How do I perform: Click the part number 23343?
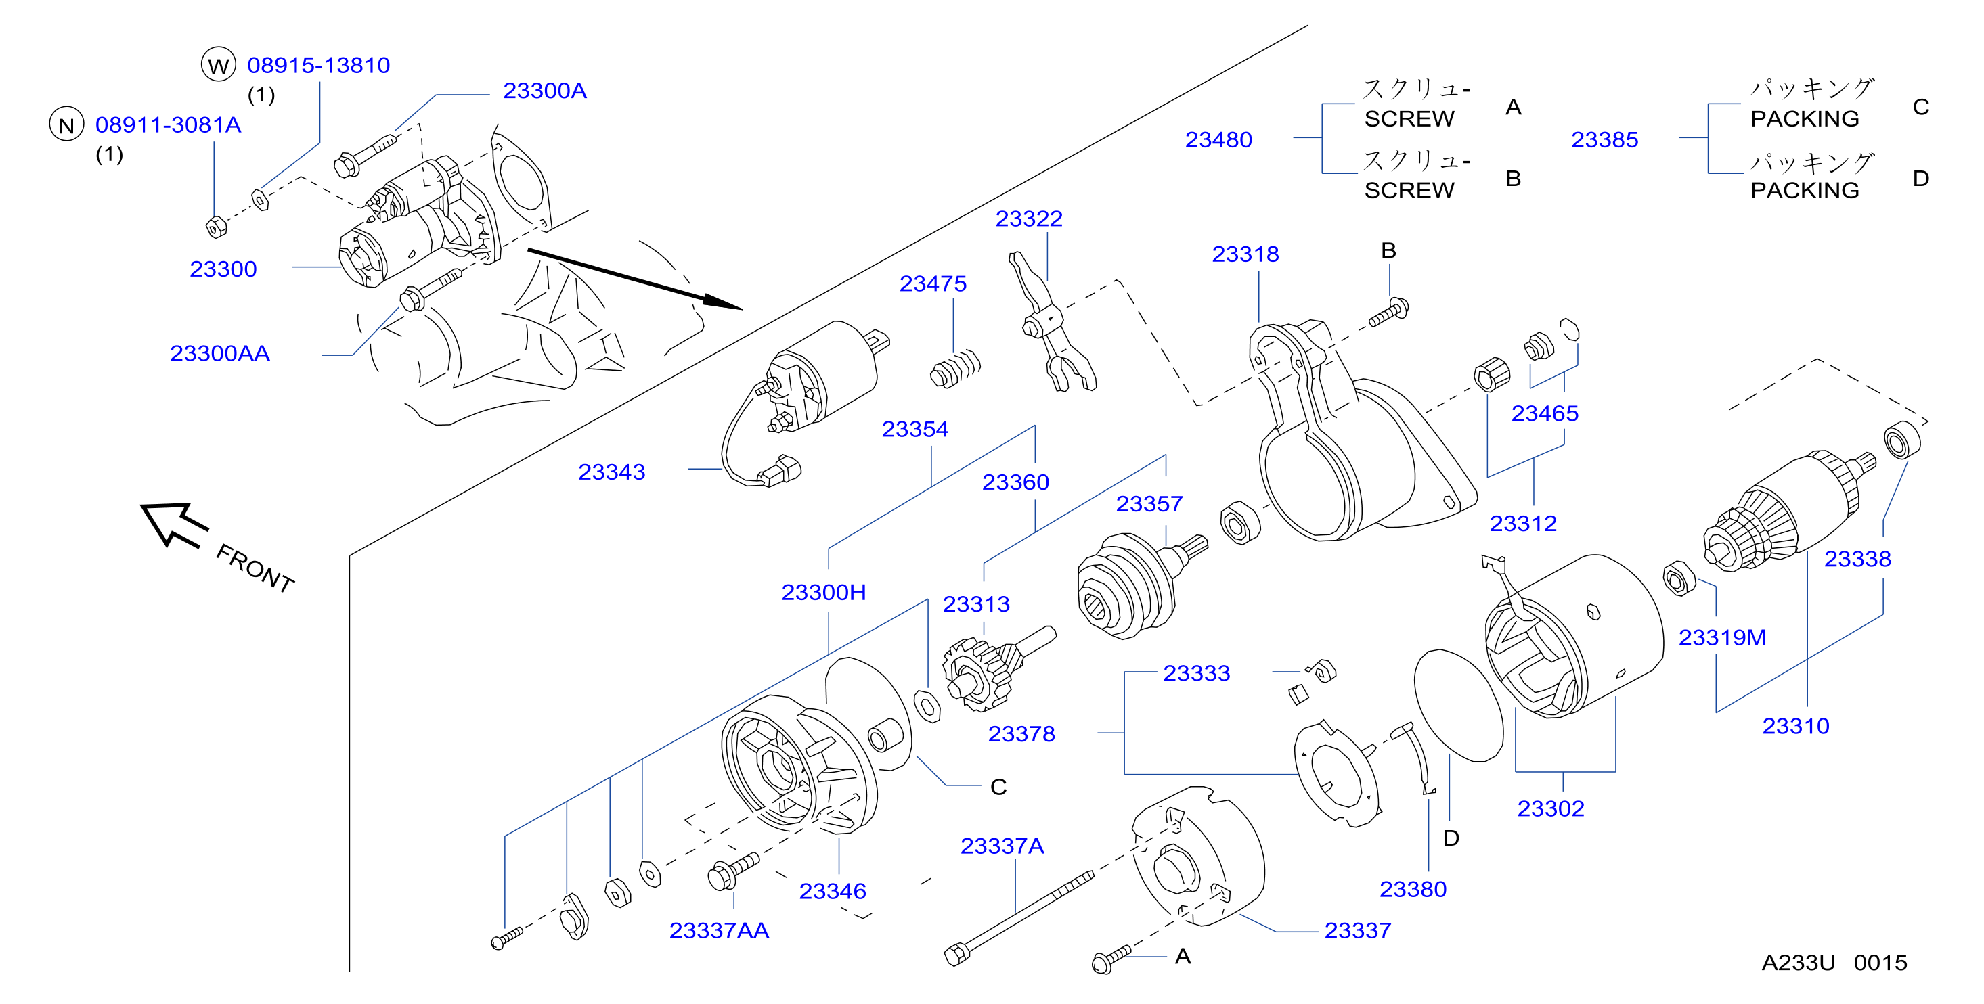[611, 472]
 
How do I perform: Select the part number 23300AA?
[219, 353]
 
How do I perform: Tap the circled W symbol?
[219, 65]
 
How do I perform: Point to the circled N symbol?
[67, 124]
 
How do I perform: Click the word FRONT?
[255, 568]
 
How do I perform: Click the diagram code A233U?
[1799, 963]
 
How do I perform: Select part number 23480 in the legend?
[1218, 139]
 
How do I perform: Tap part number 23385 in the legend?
[1604, 139]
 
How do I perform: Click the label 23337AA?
[720, 931]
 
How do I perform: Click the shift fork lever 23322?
[1051, 323]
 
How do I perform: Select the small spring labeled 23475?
[956, 369]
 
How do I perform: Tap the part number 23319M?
[1722, 637]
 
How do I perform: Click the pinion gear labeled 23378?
[994, 670]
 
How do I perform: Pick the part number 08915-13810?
[319, 66]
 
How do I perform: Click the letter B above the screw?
[1388, 250]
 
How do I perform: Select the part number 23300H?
[823, 592]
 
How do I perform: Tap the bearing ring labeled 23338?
[1901, 440]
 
